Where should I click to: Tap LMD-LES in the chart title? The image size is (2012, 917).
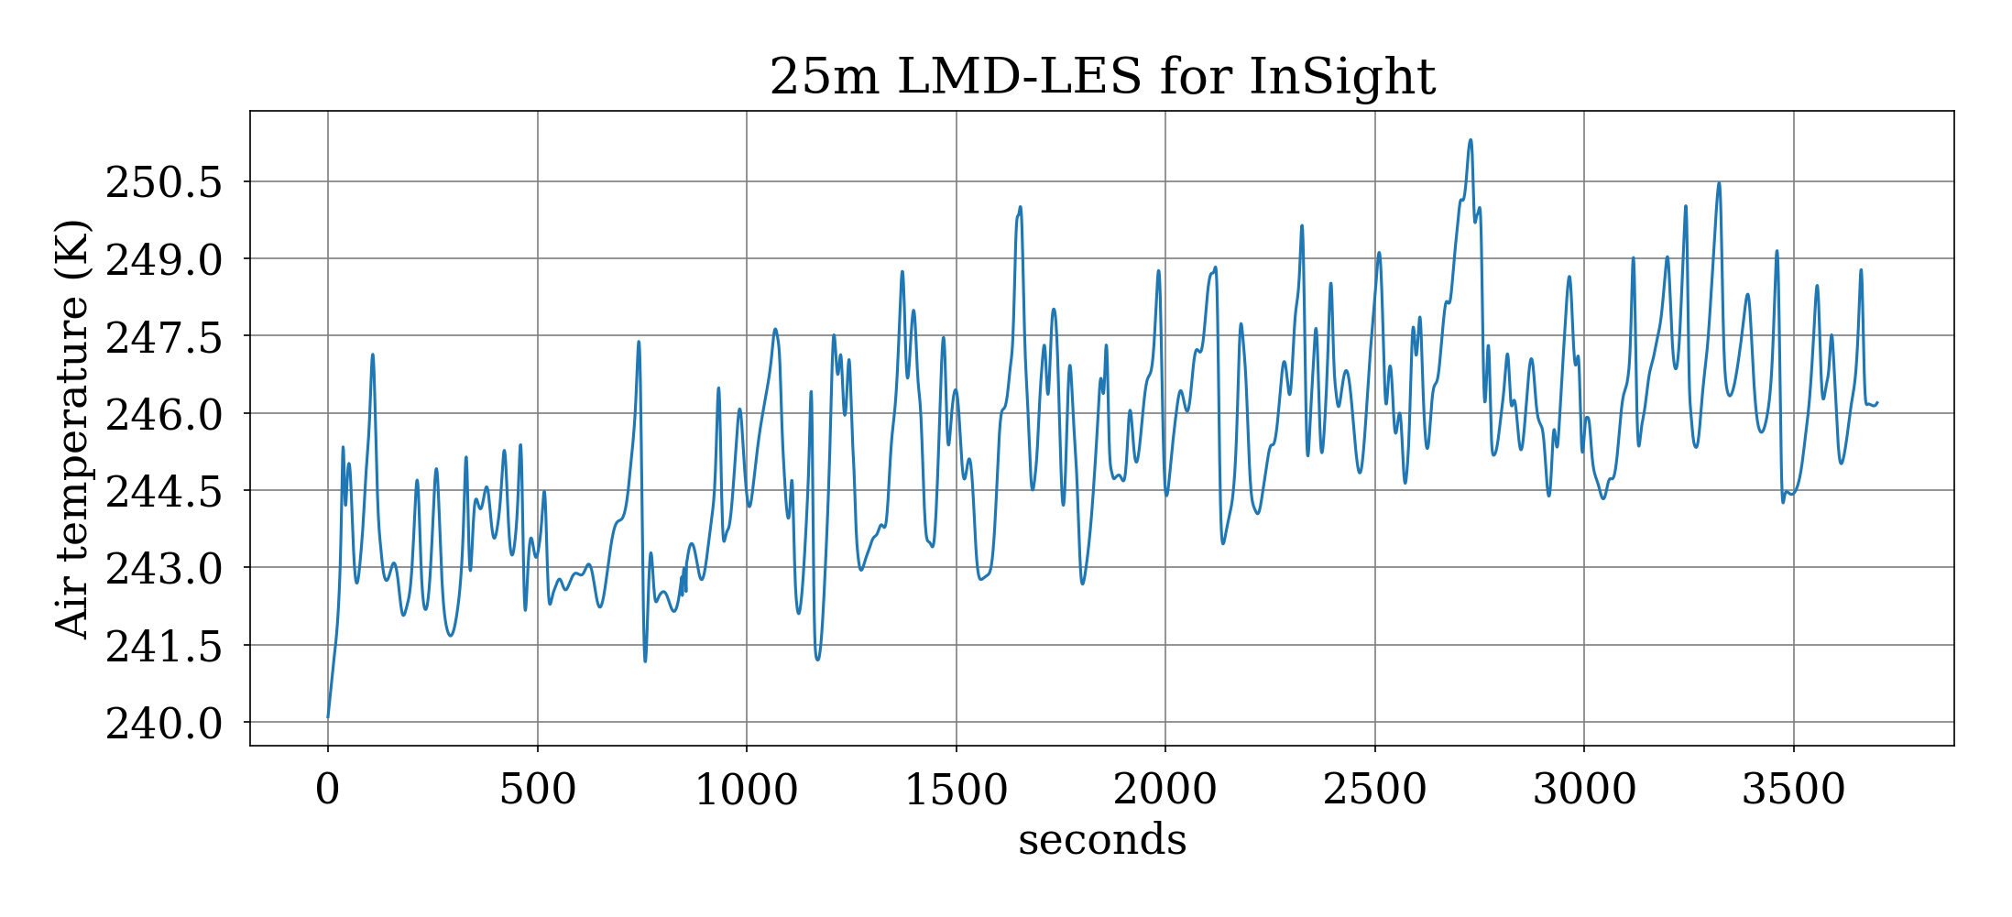pyautogui.click(x=1019, y=76)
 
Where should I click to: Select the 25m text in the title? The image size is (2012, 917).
pyautogui.click(x=823, y=76)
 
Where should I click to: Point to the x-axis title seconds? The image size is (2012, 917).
pyautogui.click(x=1102, y=840)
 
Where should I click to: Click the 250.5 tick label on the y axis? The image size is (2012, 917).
pyautogui.click(x=164, y=182)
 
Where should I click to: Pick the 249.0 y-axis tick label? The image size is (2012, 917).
pyautogui.click(x=164, y=260)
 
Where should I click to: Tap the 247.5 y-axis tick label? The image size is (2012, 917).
pyautogui.click(x=164, y=337)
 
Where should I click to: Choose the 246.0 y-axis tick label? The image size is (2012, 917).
pyautogui.click(x=164, y=414)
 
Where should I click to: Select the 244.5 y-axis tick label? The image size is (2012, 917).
pyautogui.click(x=164, y=492)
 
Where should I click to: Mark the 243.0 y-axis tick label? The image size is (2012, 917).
pyautogui.click(x=164, y=569)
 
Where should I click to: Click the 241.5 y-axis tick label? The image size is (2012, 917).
pyautogui.click(x=164, y=647)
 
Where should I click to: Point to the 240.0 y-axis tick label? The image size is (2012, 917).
pyautogui.click(x=164, y=724)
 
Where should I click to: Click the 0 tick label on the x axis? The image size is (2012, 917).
pyautogui.click(x=328, y=789)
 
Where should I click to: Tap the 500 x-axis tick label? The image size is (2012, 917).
pyautogui.click(x=538, y=789)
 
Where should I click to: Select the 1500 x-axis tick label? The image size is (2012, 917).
pyautogui.click(x=957, y=789)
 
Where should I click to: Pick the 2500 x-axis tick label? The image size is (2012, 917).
pyautogui.click(x=1375, y=789)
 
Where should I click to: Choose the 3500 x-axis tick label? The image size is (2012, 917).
pyautogui.click(x=1794, y=789)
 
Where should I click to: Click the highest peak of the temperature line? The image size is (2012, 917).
pyautogui.click(x=1471, y=140)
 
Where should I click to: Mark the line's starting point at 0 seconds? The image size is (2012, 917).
pyautogui.click(x=328, y=716)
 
